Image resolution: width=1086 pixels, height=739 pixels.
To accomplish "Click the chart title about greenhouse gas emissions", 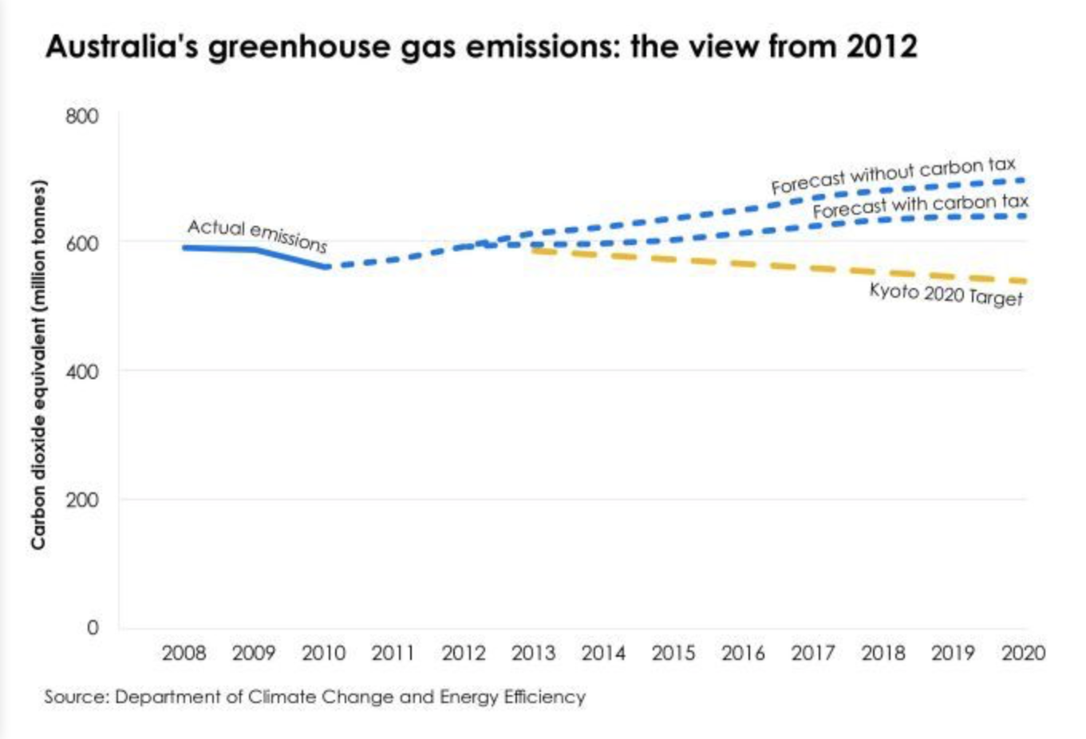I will [481, 46].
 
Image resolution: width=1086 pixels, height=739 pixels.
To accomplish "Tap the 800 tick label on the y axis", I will [82, 117].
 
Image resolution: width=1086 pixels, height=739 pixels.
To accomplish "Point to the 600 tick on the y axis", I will [82, 243].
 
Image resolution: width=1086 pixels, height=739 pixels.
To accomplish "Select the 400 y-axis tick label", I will [82, 372].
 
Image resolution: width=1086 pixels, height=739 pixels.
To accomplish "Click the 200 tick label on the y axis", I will [82, 500].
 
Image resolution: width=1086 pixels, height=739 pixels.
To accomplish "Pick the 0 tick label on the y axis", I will [93, 628].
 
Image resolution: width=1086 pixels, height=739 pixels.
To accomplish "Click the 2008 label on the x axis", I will [184, 654].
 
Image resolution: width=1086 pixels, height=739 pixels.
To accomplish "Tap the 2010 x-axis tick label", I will [323, 654].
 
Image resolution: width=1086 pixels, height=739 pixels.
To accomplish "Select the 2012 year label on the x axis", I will [464, 654].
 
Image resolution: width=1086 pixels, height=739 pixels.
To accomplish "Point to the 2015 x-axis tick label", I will [673, 654].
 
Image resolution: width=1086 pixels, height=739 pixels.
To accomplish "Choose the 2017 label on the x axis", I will [813, 654].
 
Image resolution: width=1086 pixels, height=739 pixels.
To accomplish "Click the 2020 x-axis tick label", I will [1023, 654].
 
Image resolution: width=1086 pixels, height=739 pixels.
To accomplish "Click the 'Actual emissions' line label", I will [257, 234].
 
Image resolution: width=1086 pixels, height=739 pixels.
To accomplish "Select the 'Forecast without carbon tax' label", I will [893, 175].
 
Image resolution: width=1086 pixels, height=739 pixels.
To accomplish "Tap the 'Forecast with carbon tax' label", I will [920, 206].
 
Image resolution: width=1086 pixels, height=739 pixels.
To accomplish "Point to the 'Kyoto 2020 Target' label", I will [946, 294].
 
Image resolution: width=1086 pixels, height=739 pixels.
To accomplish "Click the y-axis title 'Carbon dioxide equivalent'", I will [38, 365].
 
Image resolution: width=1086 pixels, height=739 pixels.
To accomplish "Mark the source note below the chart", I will [314, 697].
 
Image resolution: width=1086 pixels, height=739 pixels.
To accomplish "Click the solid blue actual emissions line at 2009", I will [254, 250].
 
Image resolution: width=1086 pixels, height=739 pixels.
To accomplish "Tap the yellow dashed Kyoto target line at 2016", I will [743, 264].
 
